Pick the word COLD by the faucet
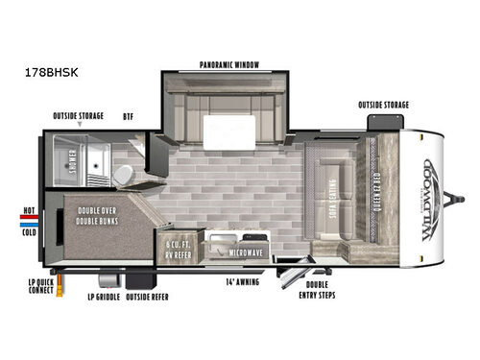30,231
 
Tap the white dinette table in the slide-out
228,127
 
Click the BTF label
127,115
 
